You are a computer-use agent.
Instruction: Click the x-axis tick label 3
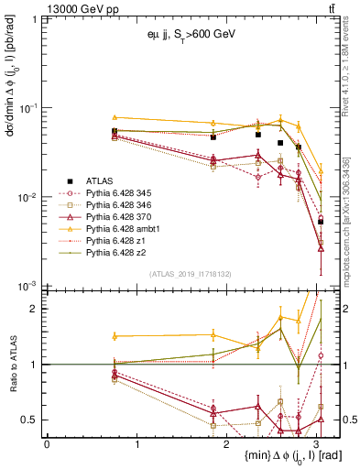pos(315,442)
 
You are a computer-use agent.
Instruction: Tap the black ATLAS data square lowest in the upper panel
pos(321,222)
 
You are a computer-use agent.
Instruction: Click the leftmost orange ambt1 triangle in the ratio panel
pos(115,336)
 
